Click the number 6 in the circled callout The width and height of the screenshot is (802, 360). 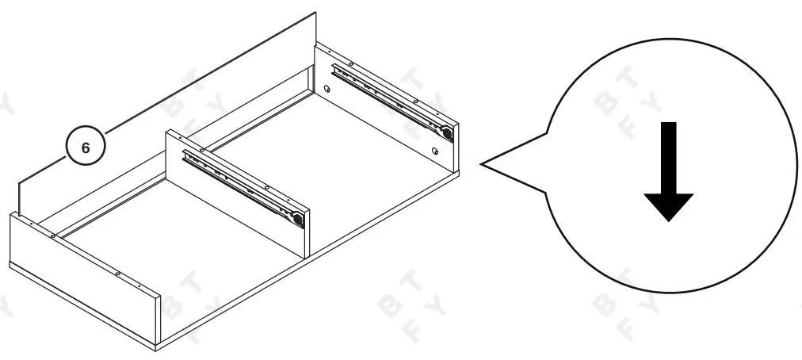tap(86, 147)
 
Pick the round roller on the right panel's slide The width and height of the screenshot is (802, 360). tap(447, 133)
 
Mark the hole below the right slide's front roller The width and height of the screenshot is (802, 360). tap(435, 150)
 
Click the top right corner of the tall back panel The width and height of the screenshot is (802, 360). tap(315, 13)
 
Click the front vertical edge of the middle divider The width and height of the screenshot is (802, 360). tap(307, 233)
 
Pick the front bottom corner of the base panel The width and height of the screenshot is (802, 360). tap(156, 347)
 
